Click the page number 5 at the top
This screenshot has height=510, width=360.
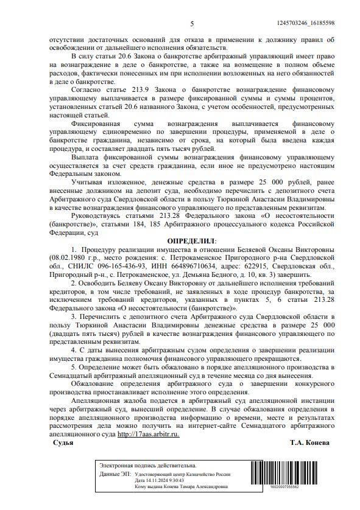pos(192,24)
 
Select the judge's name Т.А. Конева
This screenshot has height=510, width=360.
pos(309,442)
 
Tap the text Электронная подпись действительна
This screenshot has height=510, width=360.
pos(139,465)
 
